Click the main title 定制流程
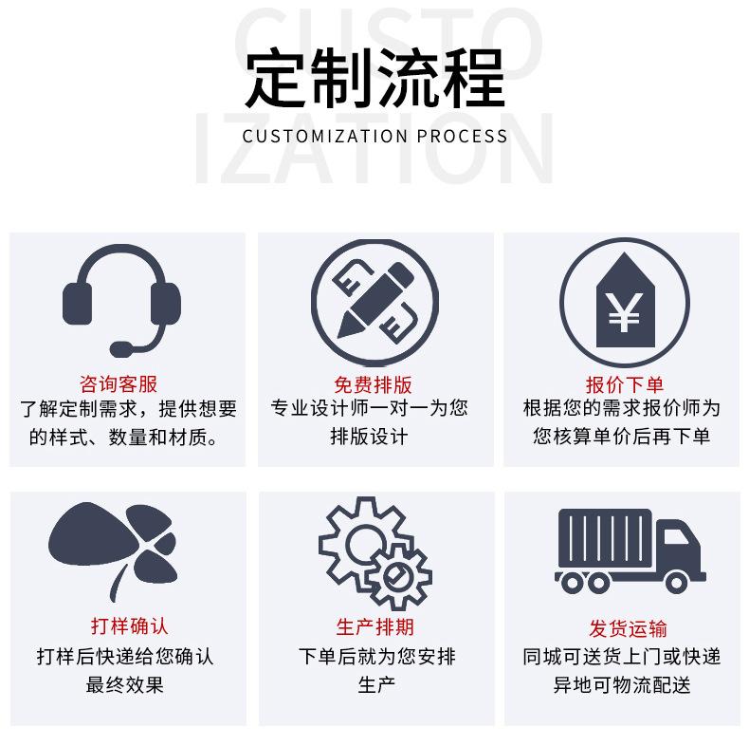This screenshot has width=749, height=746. pyautogui.click(x=374, y=76)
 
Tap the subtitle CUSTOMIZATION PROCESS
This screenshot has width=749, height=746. pyautogui.click(x=374, y=136)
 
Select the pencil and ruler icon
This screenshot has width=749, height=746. pyautogui.click(x=374, y=297)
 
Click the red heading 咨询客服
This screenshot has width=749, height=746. pyautogui.click(x=119, y=384)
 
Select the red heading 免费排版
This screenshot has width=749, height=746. pyautogui.click(x=374, y=384)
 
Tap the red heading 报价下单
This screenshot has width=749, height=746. pyautogui.click(x=625, y=384)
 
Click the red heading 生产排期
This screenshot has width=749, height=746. pyautogui.click(x=374, y=627)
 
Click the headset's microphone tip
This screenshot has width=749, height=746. pyautogui.click(x=120, y=347)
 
